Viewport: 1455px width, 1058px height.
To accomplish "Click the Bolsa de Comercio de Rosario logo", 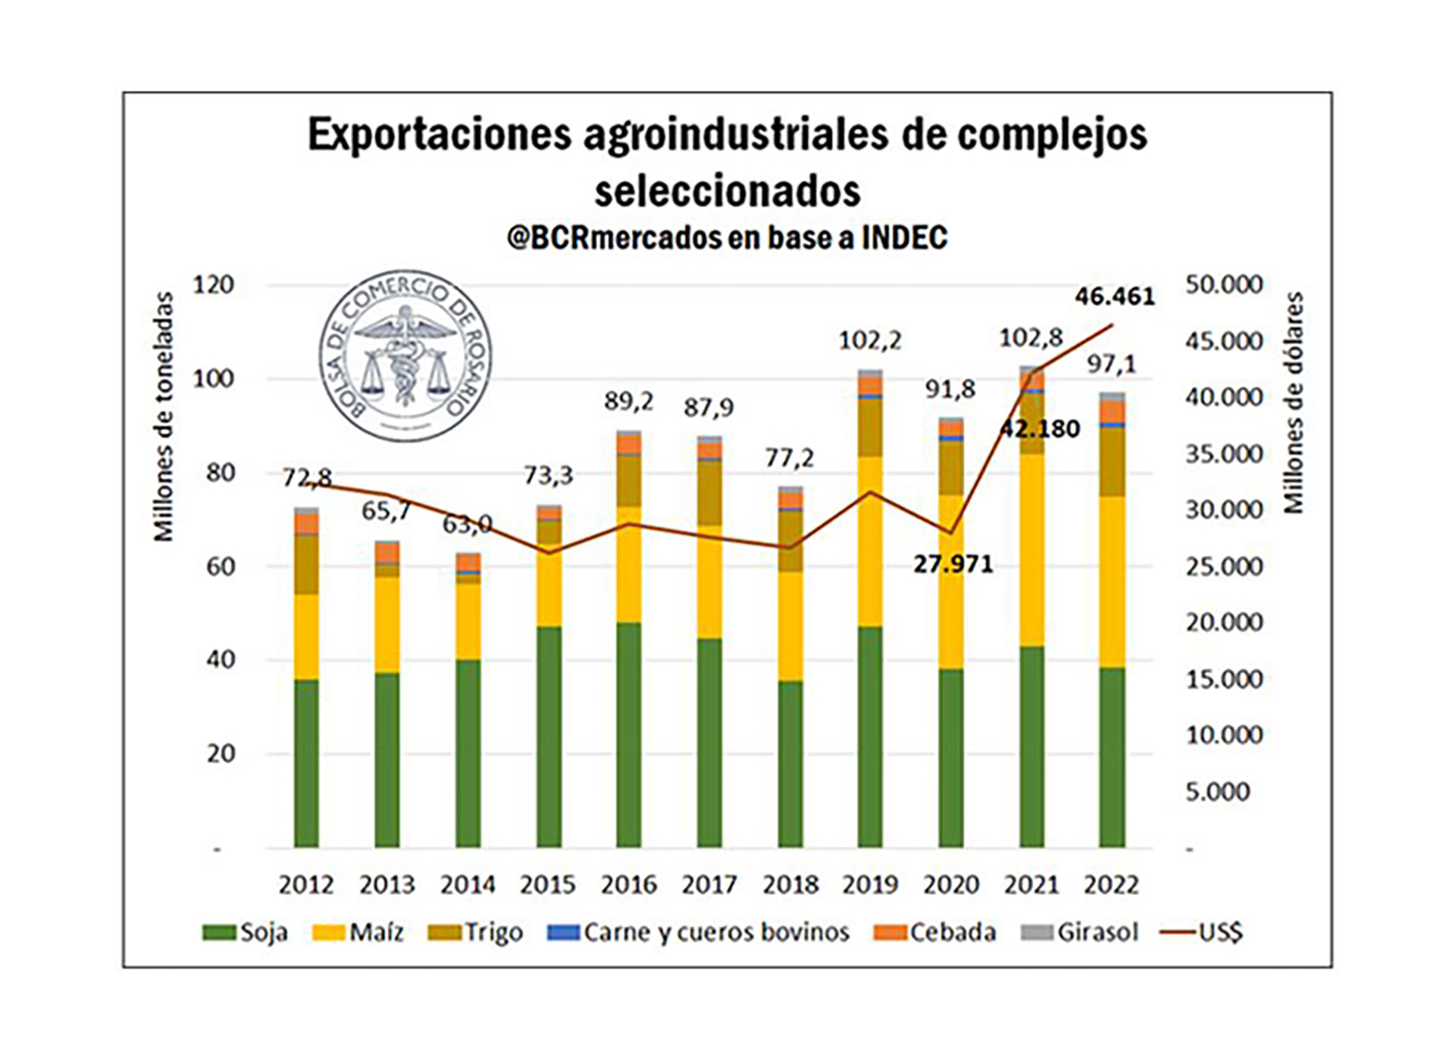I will click(405, 355).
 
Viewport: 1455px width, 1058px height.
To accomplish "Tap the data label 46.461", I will click(1115, 296).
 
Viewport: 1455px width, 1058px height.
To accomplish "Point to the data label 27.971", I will click(953, 565).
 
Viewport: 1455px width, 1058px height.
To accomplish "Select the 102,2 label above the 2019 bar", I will click(870, 341).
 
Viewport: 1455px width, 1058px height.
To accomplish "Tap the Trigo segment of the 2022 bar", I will click(1112, 462).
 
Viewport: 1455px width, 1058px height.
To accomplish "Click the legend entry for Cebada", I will click(935, 932).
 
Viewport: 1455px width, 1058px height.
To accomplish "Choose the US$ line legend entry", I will click(1203, 932).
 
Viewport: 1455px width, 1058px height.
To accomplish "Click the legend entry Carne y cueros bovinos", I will click(699, 932).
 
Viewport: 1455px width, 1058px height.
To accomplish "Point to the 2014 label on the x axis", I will click(468, 885).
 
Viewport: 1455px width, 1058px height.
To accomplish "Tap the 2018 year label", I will click(790, 885).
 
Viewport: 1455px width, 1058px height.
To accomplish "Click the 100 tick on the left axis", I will click(213, 379).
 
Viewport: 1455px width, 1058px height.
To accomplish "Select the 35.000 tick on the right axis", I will click(1224, 454).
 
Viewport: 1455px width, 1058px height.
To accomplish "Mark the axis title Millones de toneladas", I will click(164, 417).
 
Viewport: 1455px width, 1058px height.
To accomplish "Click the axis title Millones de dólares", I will click(1293, 402).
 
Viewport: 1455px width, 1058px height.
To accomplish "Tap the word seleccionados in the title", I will click(727, 191).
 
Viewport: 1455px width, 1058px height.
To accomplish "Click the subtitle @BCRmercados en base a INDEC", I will click(727, 238).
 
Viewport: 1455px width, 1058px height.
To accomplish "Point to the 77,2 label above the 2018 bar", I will click(789, 458).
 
